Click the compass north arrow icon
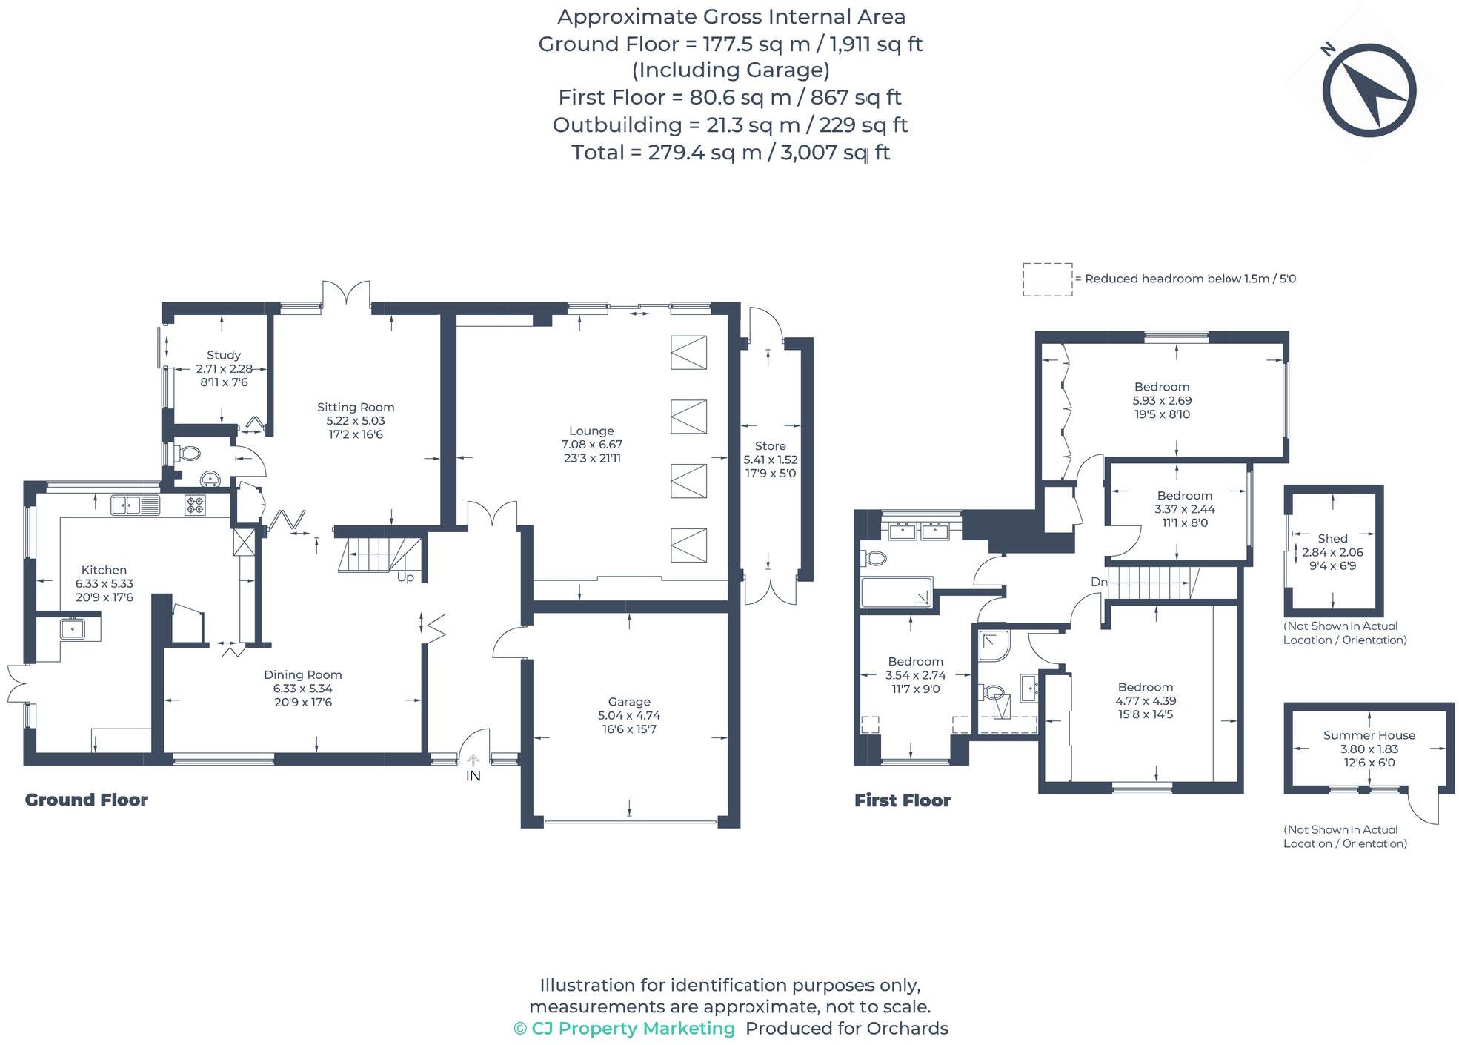click(1369, 90)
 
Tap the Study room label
click(223, 355)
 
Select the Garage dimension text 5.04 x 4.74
click(629, 715)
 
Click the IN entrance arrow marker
click(473, 762)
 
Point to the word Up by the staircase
click(405, 577)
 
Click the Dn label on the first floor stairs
click(1098, 582)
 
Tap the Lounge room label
click(591, 431)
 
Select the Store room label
click(770, 446)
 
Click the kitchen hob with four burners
click(196, 505)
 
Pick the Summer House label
click(1369, 735)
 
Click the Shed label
click(1332, 539)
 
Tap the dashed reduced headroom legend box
click(1047, 279)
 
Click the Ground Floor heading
click(87, 800)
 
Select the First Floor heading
click(902, 800)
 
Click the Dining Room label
click(302, 674)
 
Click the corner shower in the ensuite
click(993, 645)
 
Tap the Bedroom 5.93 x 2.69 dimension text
click(1161, 400)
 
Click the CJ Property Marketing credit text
click(624, 1028)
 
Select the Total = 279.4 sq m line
click(730, 153)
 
